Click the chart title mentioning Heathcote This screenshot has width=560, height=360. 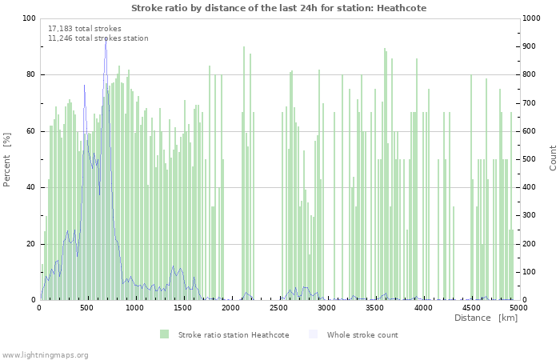(x=278, y=8)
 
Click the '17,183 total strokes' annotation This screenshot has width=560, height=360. (x=85, y=29)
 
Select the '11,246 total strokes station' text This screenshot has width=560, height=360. (x=98, y=38)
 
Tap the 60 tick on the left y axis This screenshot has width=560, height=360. (x=31, y=131)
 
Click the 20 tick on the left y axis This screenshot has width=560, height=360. (x=31, y=244)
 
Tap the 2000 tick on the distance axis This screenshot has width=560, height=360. (x=231, y=307)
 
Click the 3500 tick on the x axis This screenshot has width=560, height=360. (x=375, y=307)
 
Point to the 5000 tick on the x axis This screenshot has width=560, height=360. (x=518, y=307)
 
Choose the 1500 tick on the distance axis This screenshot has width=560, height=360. (x=183, y=307)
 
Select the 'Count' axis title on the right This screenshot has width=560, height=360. (x=553, y=158)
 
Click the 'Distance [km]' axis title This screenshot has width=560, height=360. (x=486, y=318)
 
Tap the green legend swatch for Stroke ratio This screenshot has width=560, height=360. (x=164, y=334)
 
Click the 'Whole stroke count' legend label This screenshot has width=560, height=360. (x=362, y=334)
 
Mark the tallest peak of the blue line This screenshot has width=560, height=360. (x=106, y=37)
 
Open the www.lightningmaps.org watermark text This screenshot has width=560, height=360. (x=46, y=354)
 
